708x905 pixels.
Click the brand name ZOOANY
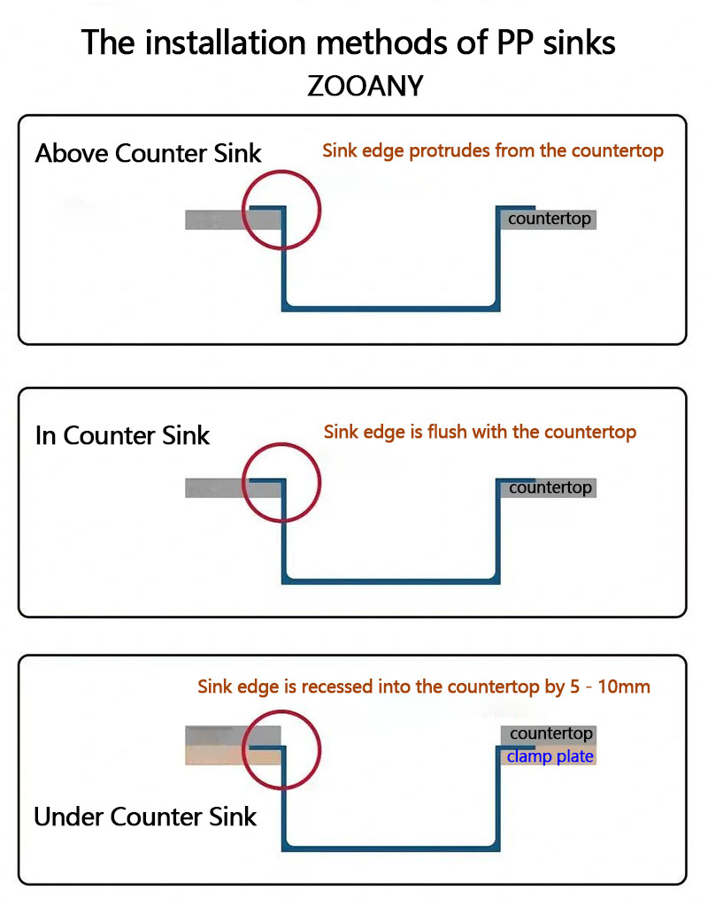365,87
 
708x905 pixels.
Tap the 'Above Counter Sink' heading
148,153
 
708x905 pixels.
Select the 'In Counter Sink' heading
122,435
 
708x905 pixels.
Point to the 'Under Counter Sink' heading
145,816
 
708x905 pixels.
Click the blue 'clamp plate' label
550,756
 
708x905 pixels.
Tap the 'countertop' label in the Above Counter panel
549,219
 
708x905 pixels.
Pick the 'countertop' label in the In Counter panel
550,487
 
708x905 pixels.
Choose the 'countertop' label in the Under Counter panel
550,733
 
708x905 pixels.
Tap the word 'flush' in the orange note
447,433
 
